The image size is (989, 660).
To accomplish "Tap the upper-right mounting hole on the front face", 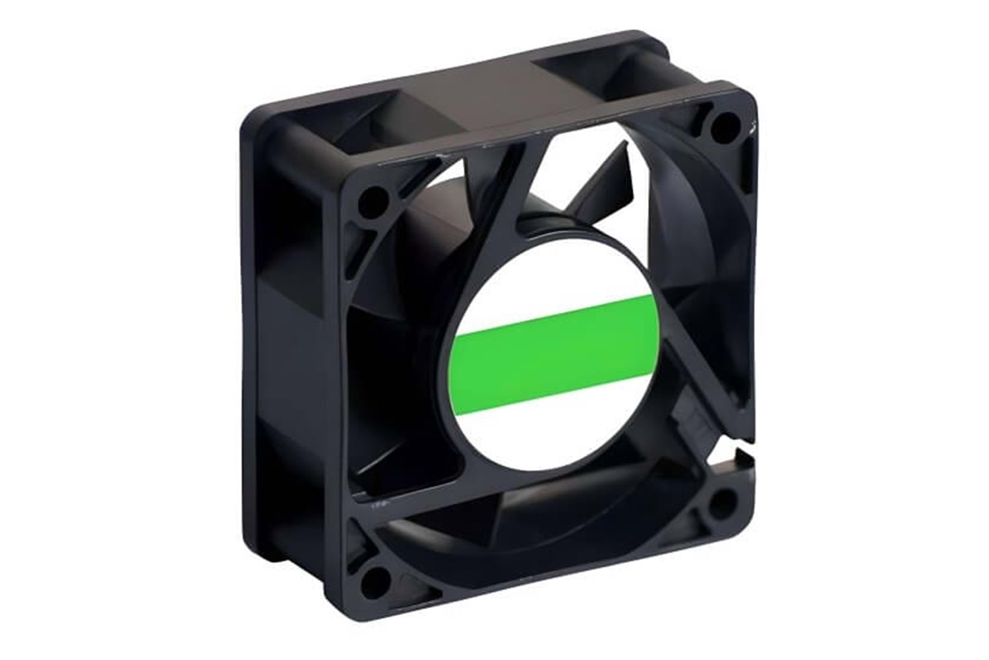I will (725, 123).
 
